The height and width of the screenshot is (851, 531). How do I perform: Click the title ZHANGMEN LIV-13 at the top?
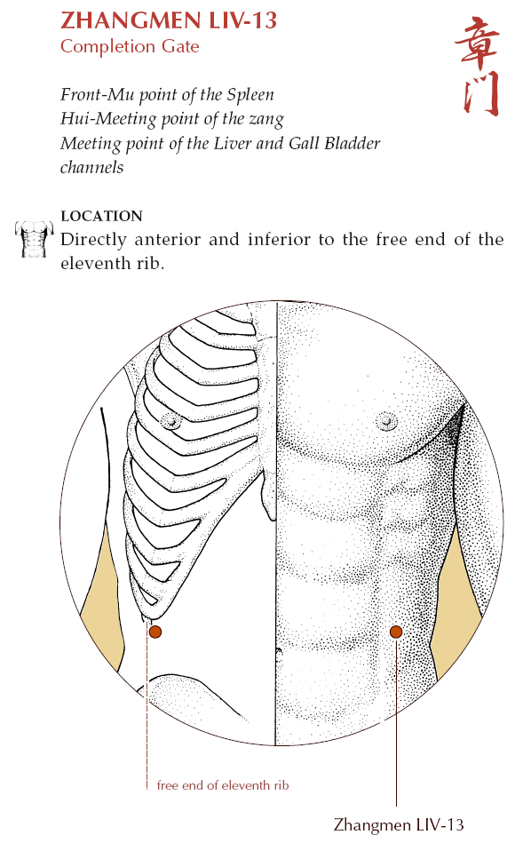tap(169, 20)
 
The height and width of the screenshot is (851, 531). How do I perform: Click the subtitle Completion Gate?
tap(130, 47)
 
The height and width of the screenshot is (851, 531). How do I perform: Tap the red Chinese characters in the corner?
tap(477, 66)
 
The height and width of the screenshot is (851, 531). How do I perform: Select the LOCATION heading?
tap(101, 216)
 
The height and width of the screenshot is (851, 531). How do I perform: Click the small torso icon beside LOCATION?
tap(34, 239)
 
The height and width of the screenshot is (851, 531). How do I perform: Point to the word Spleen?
tap(250, 95)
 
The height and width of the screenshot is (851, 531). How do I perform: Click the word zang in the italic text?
tap(266, 120)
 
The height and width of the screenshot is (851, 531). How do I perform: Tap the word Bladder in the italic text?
tap(352, 143)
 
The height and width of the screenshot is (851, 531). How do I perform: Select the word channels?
tap(91, 167)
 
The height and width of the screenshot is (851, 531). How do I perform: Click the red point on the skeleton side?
tap(155, 632)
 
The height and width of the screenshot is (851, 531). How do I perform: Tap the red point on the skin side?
tap(396, 632)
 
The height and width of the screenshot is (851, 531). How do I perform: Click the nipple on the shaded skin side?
tap(386, 420)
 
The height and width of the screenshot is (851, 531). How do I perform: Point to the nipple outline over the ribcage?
tap(172, 420)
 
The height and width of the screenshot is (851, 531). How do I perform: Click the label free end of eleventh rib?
tap(223, 785)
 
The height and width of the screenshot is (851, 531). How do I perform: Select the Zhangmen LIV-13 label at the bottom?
tap(399, 825)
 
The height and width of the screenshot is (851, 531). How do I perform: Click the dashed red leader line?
tap(147, 706)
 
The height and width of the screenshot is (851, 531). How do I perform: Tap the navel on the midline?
tap(280, 649)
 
